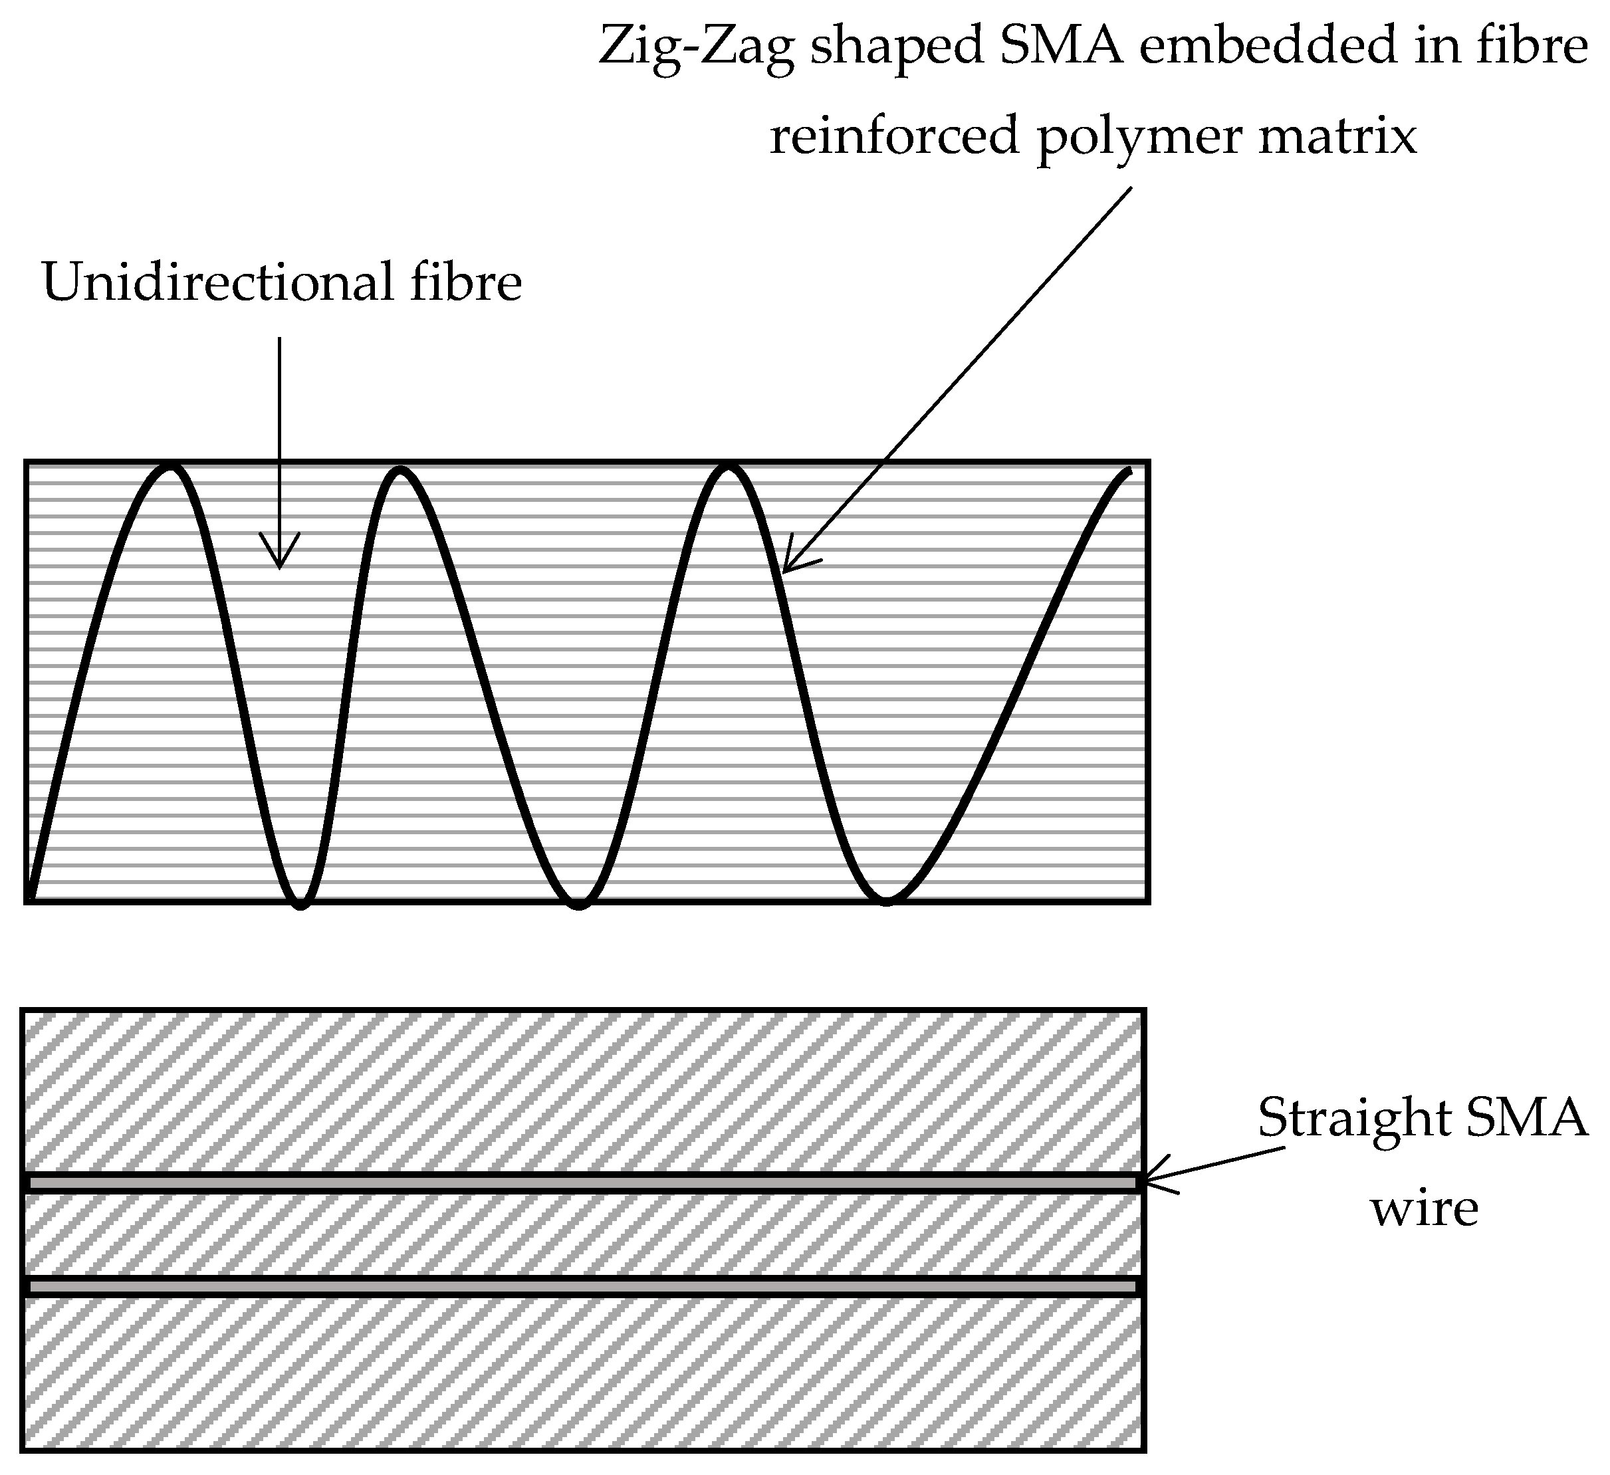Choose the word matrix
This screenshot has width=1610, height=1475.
click(1337, 136)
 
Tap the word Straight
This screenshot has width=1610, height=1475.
click(1353, 1119)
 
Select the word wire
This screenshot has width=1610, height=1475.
click(1425, 1209)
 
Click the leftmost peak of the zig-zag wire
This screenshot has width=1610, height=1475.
click(170, 467)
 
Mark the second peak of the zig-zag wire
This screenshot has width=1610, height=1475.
click(400, 471)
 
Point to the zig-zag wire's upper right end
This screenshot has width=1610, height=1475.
click(1129, 471)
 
